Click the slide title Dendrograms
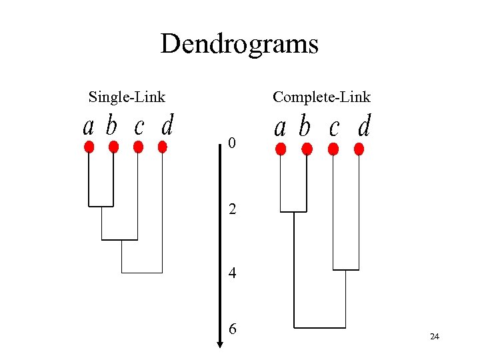tap(239, 44)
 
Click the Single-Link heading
tap(127, 97)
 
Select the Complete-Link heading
tap(321, 97)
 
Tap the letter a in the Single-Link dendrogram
tap(89, 126)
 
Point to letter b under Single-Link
tap(112, 125)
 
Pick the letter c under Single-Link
tap(139, 126)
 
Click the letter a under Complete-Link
tap(281, 127)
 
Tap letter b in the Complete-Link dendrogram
tap(305, 127)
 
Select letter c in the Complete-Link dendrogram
tap(334, 127)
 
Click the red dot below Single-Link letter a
tap(89, 147)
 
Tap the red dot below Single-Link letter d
tap(162, 147)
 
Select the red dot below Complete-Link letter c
tap(333, 149)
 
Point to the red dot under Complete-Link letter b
tap(307, 149)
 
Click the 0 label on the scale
tap(231, 143)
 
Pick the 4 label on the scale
tap(232, 273)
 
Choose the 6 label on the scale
tap(232, 329)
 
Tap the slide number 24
tap(435, 337)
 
